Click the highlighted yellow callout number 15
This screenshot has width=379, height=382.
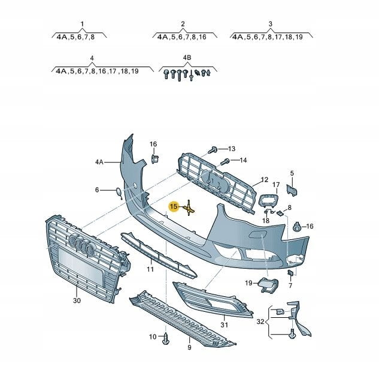point(174,206)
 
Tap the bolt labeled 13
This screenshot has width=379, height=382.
point(213,150)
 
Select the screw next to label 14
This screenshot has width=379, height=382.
point(225,161)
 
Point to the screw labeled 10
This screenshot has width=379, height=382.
point(166,338)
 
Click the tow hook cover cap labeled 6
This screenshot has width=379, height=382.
point(119,192)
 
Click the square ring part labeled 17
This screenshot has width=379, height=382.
point(268,200)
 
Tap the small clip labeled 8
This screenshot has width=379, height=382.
point(280,213)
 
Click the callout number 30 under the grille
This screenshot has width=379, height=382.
point(77,300)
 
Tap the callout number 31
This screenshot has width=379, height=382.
point(224,325)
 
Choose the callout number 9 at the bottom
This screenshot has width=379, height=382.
point(189,347)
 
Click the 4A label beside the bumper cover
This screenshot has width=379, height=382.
point(99,162)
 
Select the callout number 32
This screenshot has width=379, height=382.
point(260,321)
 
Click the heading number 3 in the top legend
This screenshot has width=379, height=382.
point(271,24)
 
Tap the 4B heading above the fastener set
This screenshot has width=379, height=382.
point(187,58)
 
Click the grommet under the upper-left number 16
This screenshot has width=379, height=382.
point(154,159)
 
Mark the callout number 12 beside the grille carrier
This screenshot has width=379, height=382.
point(265,179)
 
